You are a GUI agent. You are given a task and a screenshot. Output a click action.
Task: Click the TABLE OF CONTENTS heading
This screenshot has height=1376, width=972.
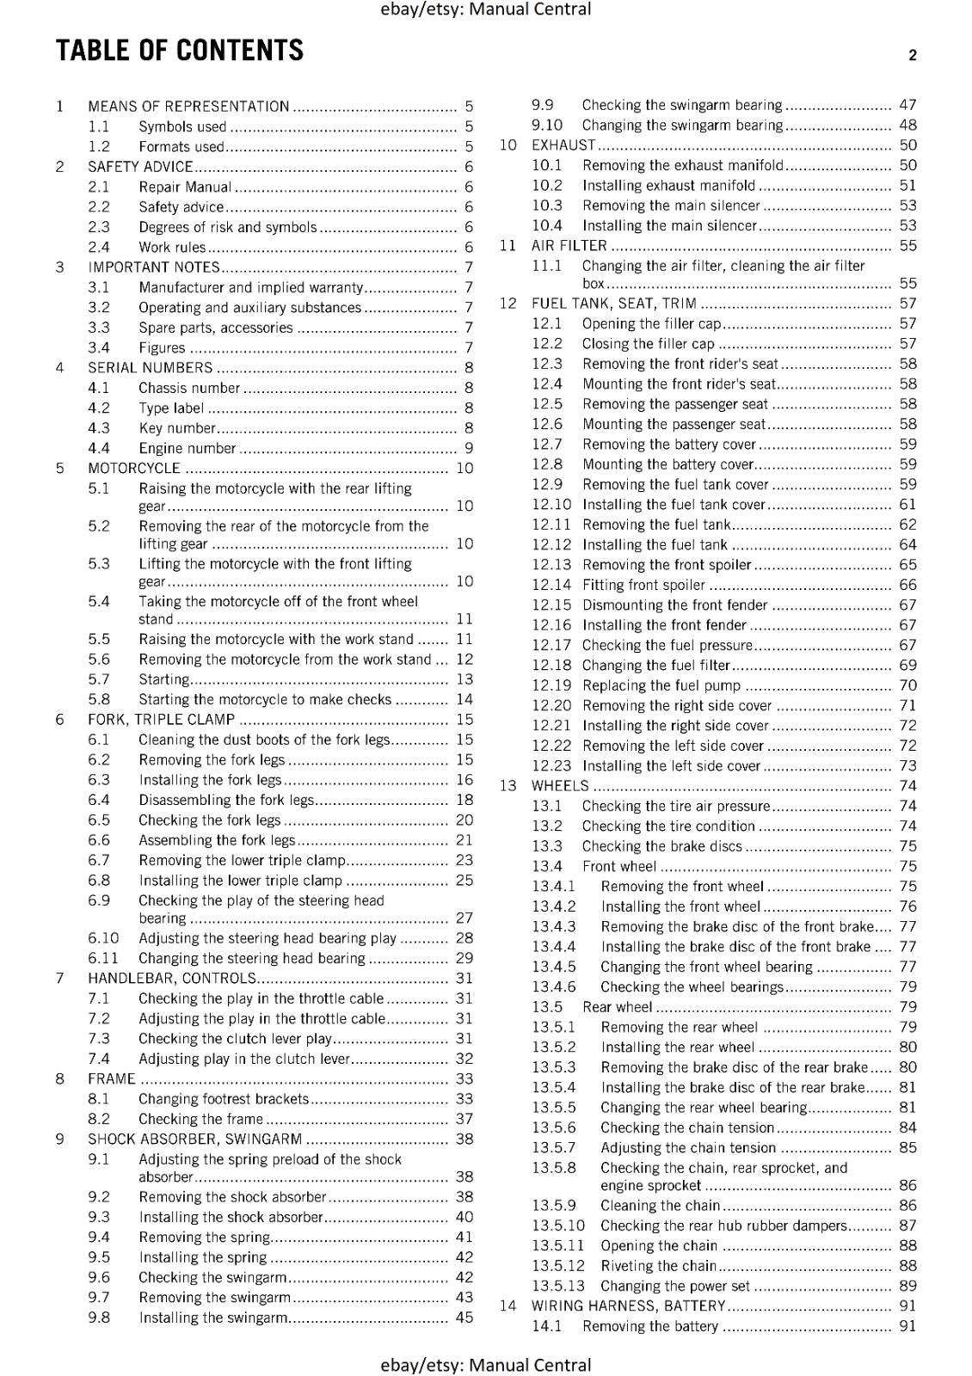[x=180, y=51]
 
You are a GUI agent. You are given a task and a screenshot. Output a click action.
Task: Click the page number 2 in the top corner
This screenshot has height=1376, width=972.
[x=912, y=55]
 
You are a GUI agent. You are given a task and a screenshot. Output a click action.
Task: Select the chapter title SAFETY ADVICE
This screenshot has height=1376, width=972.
[x=140, y=167]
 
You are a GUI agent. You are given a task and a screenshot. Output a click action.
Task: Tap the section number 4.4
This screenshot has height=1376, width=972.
[x=99, y=448]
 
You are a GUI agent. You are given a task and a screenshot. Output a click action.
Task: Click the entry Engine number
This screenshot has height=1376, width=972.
[x=187, y=448]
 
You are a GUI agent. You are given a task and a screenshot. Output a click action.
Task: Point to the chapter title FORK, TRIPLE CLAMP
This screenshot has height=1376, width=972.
[x=161, y=720]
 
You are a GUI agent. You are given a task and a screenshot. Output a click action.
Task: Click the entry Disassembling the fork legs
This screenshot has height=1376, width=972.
[x=226, y=800]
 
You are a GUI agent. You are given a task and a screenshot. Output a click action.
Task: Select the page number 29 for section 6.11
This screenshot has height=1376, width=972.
[x=464, y=958]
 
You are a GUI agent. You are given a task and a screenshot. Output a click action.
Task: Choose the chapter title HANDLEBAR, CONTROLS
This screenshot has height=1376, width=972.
[x=171, y=978]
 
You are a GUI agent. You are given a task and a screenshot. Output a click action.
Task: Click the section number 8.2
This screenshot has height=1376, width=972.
[x=99, y=1119]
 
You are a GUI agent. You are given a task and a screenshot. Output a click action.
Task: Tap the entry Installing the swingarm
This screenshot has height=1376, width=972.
[x=212, y=1318]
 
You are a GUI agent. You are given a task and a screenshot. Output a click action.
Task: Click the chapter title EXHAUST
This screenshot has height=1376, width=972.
[x=563, y=145]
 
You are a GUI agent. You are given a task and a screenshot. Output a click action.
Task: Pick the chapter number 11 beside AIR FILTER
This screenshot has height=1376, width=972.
[x=508, y=246]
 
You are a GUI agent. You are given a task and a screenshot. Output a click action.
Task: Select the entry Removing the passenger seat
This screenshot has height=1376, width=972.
[x=674, y=404]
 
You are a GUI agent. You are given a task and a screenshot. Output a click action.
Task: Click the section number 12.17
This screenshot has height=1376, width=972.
[x=551, y=645]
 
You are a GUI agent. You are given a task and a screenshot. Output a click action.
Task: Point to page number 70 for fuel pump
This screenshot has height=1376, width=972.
[x=907, y=685]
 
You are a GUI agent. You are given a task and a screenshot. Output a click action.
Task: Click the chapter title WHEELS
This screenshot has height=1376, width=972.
[x=560, y=786]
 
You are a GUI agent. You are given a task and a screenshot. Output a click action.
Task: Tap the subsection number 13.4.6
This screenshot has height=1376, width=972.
[x=553, y=987]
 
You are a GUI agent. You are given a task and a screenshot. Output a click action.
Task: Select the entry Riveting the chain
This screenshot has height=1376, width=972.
[x=658, y=1266]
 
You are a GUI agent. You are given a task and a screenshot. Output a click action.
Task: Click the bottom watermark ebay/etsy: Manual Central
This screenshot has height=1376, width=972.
[x=485, y=1365]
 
